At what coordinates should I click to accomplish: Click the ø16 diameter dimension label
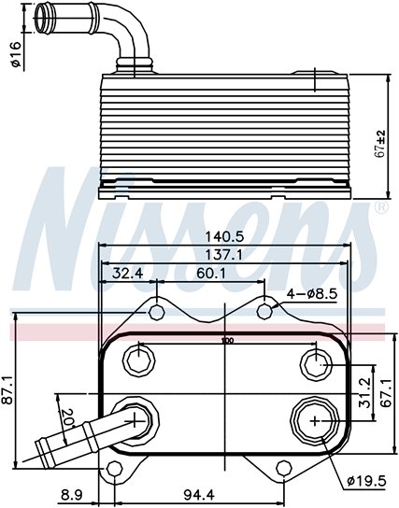[16, 54]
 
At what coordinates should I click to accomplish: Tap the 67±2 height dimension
[380, 144]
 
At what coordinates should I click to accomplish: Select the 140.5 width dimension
[224, 237]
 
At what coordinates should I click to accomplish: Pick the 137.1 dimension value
[224, 255]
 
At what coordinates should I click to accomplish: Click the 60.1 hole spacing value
[211, 274]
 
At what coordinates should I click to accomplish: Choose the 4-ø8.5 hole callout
[312, 294]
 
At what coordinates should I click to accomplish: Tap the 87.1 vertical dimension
[7, 390]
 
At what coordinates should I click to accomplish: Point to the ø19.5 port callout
[366, 481]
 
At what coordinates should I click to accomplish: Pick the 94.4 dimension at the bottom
[199, 495]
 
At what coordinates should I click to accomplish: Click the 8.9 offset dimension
[72, 495]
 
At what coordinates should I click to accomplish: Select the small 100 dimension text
[228, 341]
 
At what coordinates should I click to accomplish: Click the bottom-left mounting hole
[114, 469]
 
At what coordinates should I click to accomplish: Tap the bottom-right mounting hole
[284, 468]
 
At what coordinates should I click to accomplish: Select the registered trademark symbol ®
[381, 207]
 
